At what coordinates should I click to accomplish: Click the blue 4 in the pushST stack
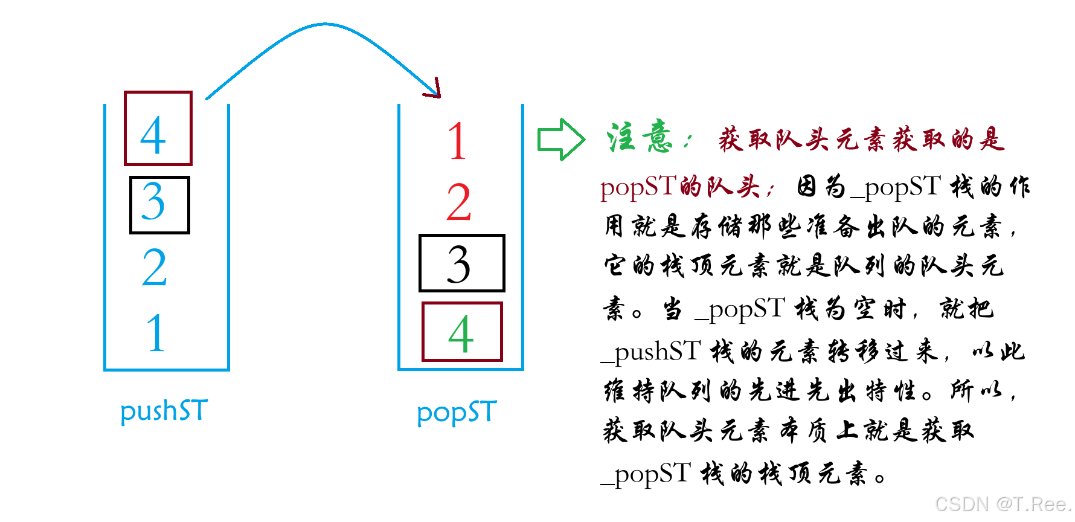[153, 135]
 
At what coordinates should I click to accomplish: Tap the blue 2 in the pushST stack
[155, 268]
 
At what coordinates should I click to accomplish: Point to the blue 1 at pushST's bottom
[156, 333]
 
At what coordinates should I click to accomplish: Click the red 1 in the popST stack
[457, 141]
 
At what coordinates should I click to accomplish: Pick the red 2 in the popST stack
[458, 202]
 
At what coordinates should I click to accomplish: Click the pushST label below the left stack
[164, 411]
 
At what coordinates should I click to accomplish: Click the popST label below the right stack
[457, 413]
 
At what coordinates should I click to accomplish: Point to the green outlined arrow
[560, 140]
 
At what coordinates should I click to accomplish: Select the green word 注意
[640, 138]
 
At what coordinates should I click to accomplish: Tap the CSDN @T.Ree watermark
[1003, 504]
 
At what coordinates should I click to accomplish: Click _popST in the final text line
[646, 474]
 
